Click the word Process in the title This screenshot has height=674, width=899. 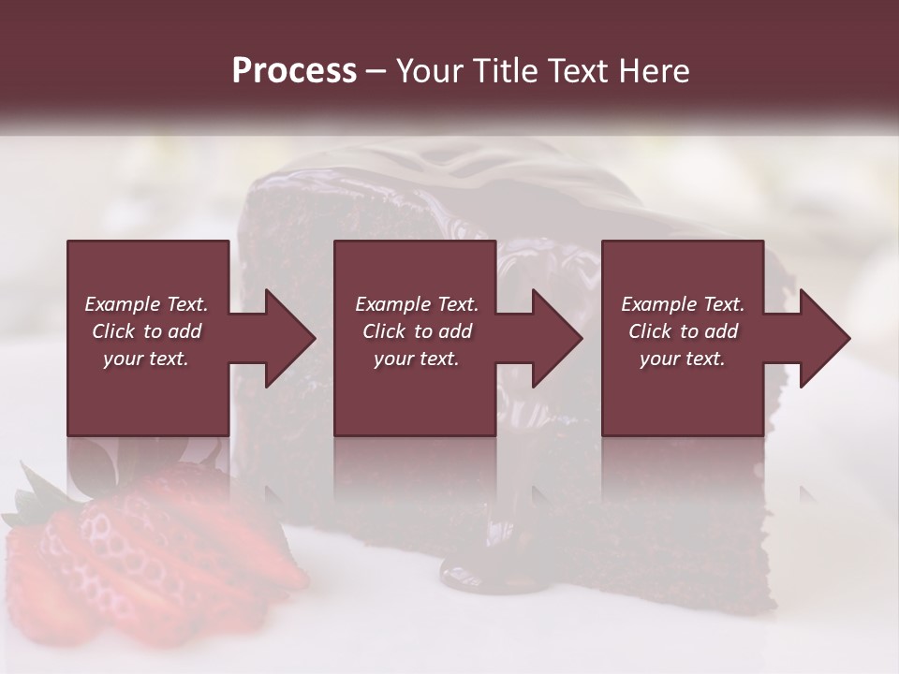pos(294,71)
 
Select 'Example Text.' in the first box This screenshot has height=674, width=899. pos(146,304)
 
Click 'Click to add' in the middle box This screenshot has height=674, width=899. pos(417,331)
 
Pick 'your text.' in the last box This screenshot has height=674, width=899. pos(683,359)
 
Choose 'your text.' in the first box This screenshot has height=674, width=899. pos(146,359)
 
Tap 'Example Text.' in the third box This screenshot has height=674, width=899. pos(683,304)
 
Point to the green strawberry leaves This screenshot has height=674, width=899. pos(37,501)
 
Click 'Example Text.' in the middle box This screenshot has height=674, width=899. pos(417,304)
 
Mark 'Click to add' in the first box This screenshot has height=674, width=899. pos(146,331)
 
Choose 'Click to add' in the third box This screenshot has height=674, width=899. pos(683,331)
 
